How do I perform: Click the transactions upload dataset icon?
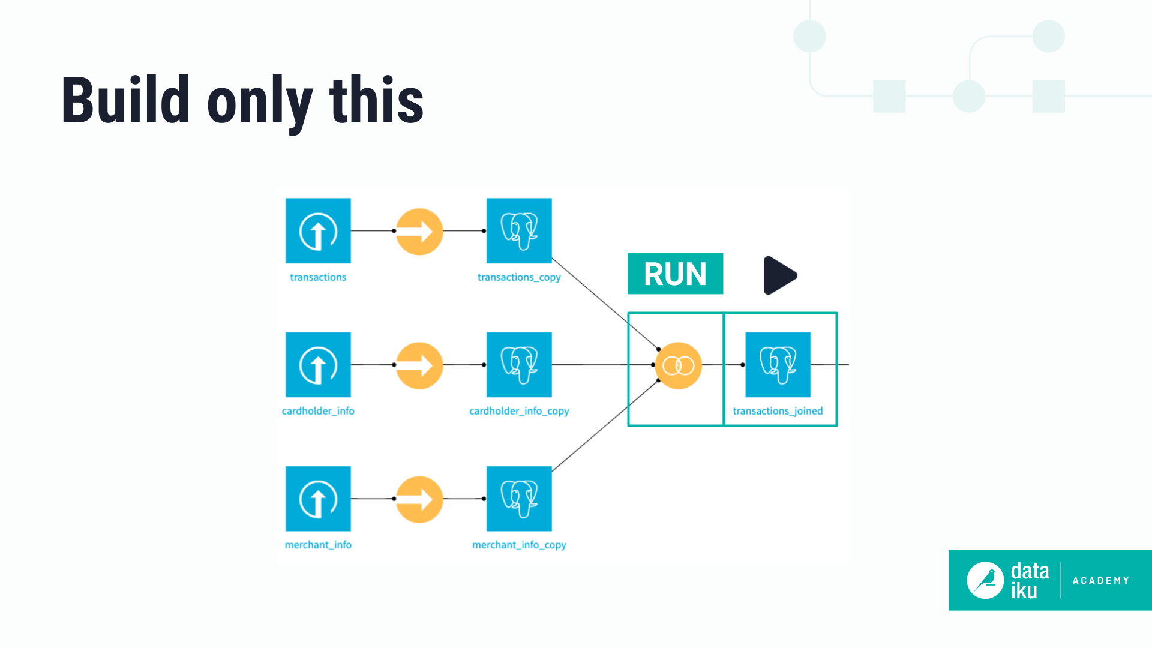point(318,230)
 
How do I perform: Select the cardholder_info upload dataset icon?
point(318,364)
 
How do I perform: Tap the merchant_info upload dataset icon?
point(318,498)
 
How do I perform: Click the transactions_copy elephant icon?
point(519,230)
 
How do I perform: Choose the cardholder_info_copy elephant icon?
point(519,364)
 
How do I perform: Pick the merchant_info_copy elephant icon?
point(519,498)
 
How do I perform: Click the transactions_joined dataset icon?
point(778,364)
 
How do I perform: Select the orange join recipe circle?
point(678,365)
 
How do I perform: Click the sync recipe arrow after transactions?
point(419,231)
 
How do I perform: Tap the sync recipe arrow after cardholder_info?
point(419,365)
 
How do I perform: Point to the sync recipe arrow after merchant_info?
point(419,499)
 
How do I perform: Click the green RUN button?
point(675,274)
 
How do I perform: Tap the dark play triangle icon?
point(778,275)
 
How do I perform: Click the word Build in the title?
point(125,100)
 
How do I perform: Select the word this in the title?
point(376,100)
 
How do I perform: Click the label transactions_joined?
point(778,411)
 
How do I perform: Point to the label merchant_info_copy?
point(519,545)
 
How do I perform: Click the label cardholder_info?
point(318,411)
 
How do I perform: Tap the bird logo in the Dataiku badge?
point(985,580)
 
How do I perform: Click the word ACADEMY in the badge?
point(1100,580)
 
